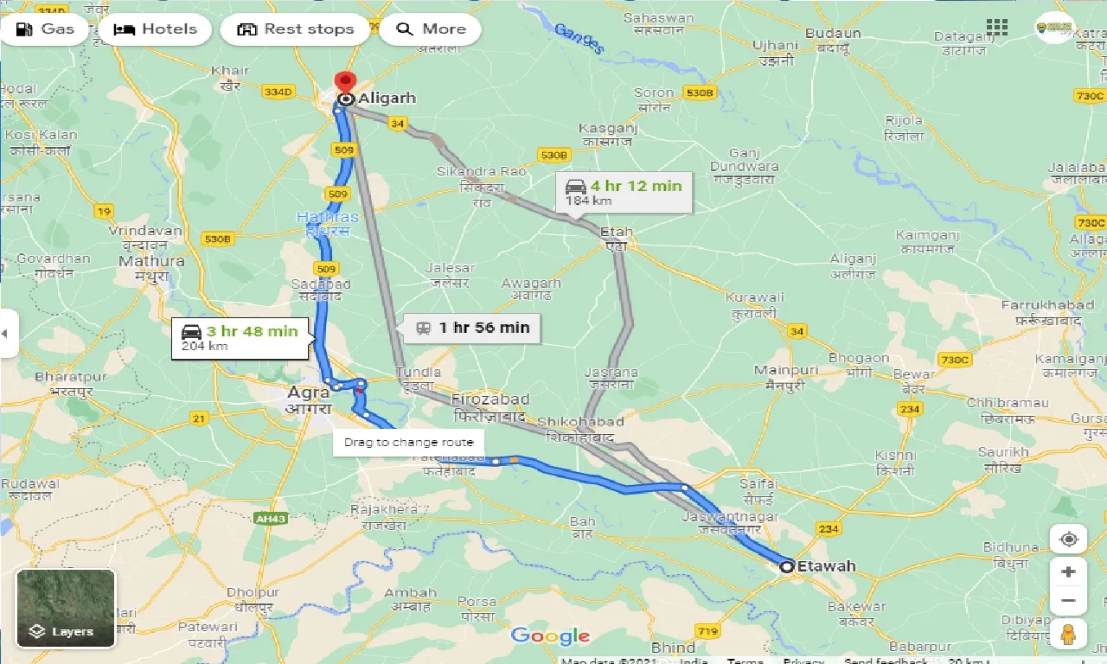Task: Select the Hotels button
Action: tap(155, 29)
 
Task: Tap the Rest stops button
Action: tap(295, 29)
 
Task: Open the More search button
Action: tap(430, 29)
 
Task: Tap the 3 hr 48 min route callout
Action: tap(240, 337)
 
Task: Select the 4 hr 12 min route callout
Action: tap(624, 192)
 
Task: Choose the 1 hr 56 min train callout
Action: tap(472, 328)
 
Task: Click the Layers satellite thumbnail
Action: tap(66, 608)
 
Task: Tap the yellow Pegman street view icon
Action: tap(1068, 634)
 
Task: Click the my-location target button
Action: tap(1069, 539)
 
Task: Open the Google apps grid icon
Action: tap(997, 27)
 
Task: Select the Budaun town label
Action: tap(833, 34)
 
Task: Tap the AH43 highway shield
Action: tap(271, 518)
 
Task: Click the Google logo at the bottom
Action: tap(550, 636)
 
